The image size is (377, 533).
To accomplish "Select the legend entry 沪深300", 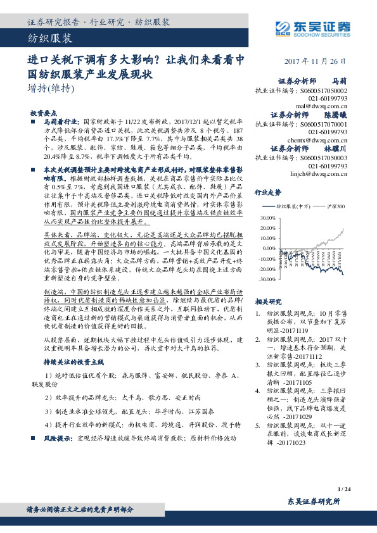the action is tap(337, 207).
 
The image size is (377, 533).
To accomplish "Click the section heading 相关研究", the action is tap(266, 302).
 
